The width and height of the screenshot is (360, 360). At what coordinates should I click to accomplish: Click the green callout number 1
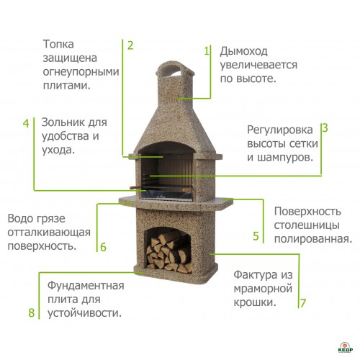(207, 51)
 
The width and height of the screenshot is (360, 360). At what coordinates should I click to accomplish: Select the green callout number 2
(130, 45)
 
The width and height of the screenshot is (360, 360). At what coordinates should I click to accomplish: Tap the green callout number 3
(325, 128)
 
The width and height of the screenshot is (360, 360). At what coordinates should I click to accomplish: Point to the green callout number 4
(26, 123)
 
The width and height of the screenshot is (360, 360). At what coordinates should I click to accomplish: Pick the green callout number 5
(256, 236)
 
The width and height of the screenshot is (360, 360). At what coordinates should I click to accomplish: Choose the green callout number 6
(103, 247)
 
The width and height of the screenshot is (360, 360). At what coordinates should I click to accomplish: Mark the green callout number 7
(303, 303)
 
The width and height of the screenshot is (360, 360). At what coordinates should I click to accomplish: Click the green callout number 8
(32, 312)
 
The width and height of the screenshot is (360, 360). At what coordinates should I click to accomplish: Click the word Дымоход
(243, 52)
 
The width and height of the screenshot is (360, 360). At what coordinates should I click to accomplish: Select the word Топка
(58, 44)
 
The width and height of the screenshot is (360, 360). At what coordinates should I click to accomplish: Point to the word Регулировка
(280, 130)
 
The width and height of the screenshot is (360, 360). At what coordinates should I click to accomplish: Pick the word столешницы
(307, 225)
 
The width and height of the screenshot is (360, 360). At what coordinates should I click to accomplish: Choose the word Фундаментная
(86, 286)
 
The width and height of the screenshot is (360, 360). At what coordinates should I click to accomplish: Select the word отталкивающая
(49, 233)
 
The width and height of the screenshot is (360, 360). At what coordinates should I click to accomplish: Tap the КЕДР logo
(346, 347)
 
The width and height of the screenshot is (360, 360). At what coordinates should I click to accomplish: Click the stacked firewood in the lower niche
(169, 252)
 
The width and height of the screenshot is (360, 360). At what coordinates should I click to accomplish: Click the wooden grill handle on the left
(135, 187)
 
